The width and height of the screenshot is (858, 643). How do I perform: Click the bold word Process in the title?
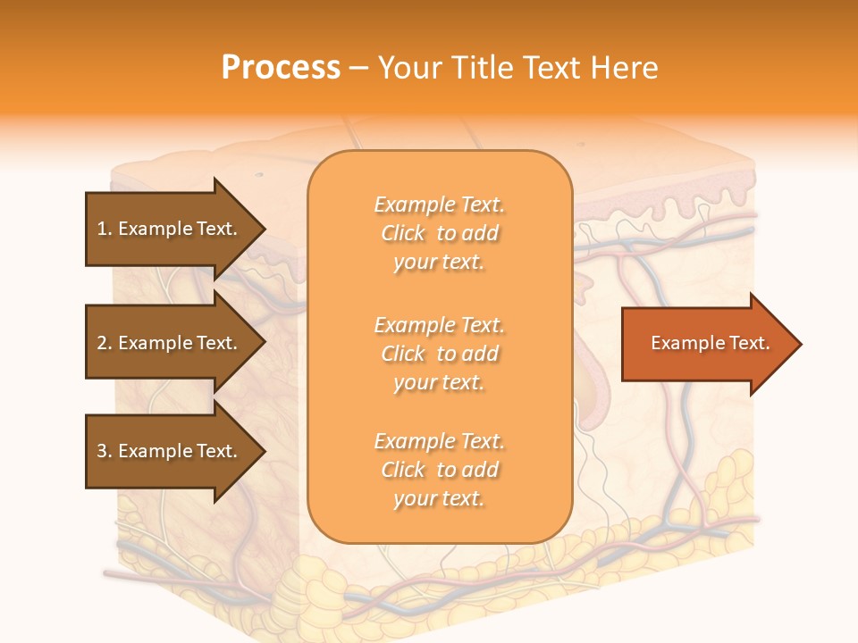281,68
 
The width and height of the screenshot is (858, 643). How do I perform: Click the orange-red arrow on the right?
706,344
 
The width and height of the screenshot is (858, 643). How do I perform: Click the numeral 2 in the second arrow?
102,343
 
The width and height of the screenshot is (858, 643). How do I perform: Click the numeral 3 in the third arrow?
102,451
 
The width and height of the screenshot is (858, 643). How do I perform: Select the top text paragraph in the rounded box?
439,233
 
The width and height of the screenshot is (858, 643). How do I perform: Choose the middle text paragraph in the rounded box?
439,354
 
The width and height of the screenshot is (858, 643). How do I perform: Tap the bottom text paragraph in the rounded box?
439,470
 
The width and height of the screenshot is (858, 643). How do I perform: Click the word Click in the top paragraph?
403,233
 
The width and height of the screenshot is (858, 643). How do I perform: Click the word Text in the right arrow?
749,343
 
